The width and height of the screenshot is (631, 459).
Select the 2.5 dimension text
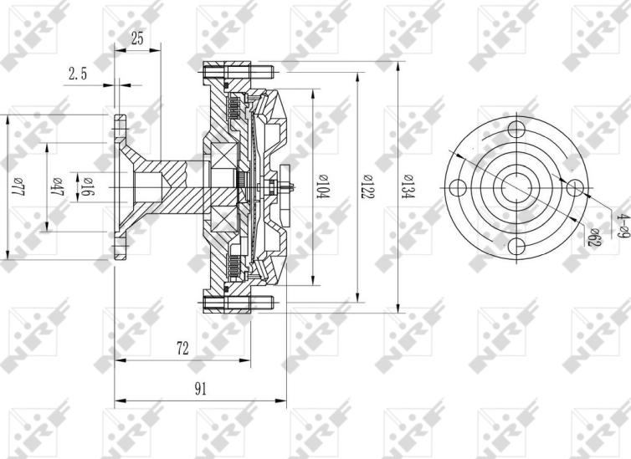pyautogui.click(x=77, y=74)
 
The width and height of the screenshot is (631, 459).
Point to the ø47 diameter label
pyautogui.click(x=59, y=186)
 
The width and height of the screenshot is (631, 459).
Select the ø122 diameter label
pyautogui.click(x=367, y=185)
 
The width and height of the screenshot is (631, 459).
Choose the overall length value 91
pyautogui.click(x=201, y=388)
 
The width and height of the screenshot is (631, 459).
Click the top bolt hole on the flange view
pyautogui.click(x=516, y=129)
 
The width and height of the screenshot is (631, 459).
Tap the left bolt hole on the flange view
pyautogui.click(x=458, y=186)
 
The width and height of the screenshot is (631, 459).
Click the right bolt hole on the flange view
pyautogui.click(x=574, y=186)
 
